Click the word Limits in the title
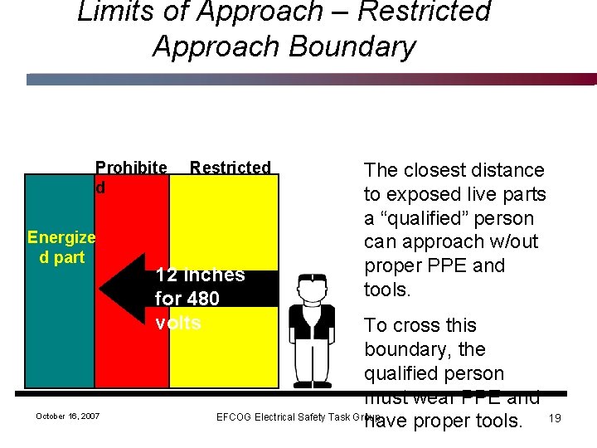(x=113, y=12)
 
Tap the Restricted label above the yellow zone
(x=230, y=168)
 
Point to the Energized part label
(x=61, y=247)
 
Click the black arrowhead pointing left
(x=120, y=287)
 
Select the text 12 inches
(x=200, y=275)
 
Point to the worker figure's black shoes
(x=311, y=384)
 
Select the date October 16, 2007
(x=67, y=416)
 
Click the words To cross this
(x=420, y=325)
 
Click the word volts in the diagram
(x=177, y=323)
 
